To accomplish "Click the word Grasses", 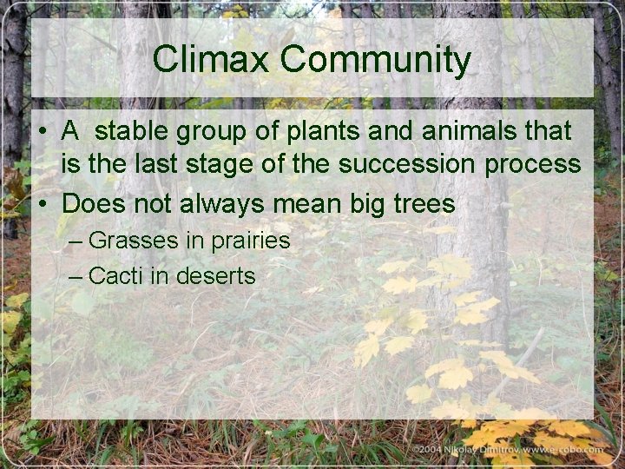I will coord(135,241).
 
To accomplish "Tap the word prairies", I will coord(250,241).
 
